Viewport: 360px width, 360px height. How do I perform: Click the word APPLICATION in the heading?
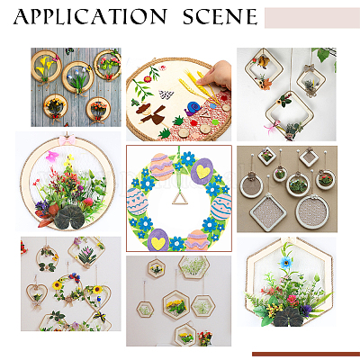tap(90, 16)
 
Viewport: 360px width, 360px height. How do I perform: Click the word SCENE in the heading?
tap(220, 16)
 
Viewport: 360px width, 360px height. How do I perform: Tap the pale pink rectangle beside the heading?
tap(312, 18)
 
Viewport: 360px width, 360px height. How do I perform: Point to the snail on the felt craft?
tap(193, 109)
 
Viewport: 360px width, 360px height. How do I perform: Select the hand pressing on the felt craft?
tap(218, 75)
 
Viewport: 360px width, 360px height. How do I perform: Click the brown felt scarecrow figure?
tap(151, 113)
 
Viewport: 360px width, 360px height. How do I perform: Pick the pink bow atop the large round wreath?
tap(67, 139)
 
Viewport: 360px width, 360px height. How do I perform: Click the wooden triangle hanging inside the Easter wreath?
tap(180, 199)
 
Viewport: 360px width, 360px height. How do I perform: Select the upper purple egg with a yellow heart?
tap(202, 171)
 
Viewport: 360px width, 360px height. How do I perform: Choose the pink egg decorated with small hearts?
tap(138, 201)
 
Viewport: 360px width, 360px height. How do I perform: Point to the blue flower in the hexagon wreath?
tap(286, 263)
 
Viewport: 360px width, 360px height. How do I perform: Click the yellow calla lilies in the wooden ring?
tap(43, 66)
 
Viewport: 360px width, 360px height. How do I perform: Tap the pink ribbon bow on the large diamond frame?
tap(271, 127)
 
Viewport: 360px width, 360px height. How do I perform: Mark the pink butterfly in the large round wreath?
tap(52, 157)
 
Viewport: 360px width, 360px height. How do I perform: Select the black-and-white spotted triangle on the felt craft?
tap(166, 94)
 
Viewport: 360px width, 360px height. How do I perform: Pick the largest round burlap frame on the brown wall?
tap(311, 211)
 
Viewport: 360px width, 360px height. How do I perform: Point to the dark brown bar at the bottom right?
tap(306, 354)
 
